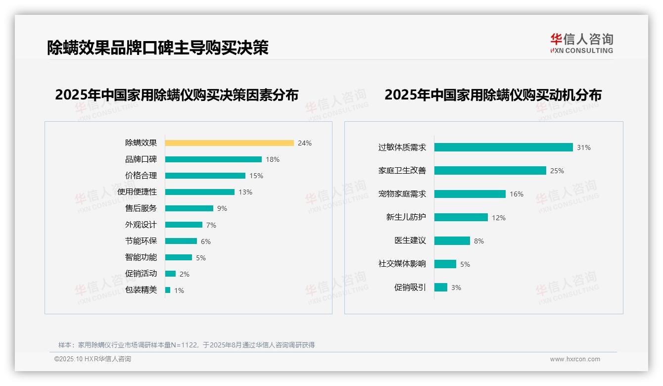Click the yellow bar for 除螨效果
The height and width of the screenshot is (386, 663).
(x=229, y=143)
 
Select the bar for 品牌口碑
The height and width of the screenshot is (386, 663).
(x=213, y=159)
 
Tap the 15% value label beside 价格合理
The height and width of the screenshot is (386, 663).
(x=256, y=176)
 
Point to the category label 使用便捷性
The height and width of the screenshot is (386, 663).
(x=137, y=192)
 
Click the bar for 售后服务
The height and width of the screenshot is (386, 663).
(x=189, y=208)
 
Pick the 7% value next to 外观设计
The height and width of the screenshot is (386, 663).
(x=211, y=225)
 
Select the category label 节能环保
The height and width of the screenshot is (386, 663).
(x=141, y=241)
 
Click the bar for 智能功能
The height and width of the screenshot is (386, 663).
(x=179, y=257)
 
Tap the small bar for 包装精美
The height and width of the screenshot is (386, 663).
(x=168, y=290)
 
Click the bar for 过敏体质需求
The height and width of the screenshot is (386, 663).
(x=503, y=147)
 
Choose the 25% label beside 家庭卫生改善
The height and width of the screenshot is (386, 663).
(x=557, y=171)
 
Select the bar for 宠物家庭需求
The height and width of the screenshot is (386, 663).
(x=470, y=194)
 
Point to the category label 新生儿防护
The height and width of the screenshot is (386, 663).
(x=406, y=217)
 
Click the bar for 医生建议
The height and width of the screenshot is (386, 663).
(x=452, y=241)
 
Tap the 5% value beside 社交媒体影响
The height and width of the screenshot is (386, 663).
(x=465, y=264)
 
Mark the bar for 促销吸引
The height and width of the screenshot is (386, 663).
(x=441, y=288)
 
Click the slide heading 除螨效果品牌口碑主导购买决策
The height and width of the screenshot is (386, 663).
(x=158, y=48)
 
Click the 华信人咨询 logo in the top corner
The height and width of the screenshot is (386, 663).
(x=581, y=44)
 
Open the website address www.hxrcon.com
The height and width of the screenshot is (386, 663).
(x=575, y=359)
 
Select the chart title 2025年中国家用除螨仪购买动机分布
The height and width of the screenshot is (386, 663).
(x=493, y=95)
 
